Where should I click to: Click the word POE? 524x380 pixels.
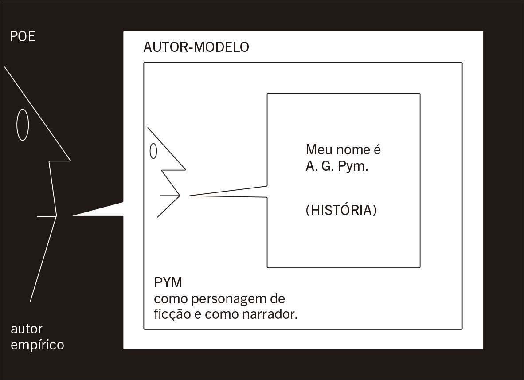click(23, 36)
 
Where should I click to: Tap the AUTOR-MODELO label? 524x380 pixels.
click(196, 47)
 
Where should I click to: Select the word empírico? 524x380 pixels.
click(37, 345)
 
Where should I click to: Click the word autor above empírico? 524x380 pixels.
click(27, 329)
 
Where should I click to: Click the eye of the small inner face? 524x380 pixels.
click(153, 151)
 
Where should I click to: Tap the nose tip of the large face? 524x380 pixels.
click(70, 160)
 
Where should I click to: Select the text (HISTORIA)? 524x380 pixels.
click(341, 210)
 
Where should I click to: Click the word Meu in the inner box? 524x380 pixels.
click(317, 150)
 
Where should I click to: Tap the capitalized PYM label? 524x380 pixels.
click(168, 282)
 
